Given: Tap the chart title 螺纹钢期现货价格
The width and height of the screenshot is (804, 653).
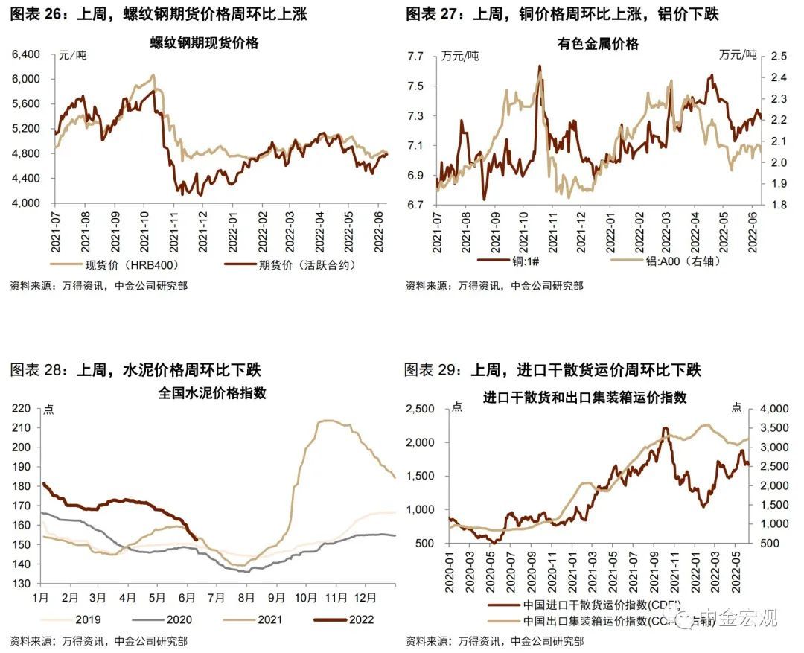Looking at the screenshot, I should tap(204, 43).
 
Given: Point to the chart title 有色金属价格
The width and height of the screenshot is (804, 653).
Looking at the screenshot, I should tap(598, 44).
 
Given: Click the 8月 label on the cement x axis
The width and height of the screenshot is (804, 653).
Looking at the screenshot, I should tap(246, 597).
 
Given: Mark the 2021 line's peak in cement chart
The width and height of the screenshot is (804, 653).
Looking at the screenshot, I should tap(326, 421).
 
